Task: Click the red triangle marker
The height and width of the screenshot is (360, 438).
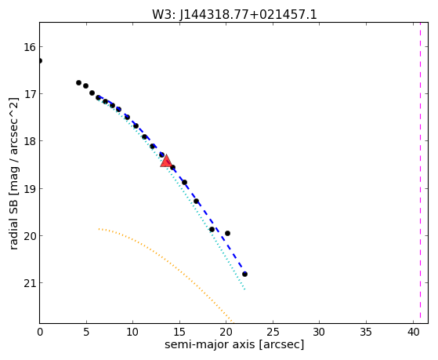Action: pyautogui.click(x=166, y=161)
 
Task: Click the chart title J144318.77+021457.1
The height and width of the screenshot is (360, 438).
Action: pyautogui.click(x=248, y=14)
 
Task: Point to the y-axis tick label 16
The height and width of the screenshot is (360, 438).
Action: pyautogui.click(x=30, y=47)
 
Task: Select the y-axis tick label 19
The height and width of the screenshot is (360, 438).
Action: pyautogui.click(x=30, y=188)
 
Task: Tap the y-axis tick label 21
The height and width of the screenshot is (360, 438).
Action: pyautogui.click(x=30, y=283)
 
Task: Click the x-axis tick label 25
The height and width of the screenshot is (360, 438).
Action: pyautogui.click(x=273, y=332)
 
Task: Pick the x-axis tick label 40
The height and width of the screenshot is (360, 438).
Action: pyautogui.click(x=413, y=332)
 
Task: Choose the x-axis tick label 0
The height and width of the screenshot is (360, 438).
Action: pyautogui.click(x=40, y=332)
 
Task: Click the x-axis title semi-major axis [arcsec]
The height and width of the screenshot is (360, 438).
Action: pyautogui.click(x=234, y=344)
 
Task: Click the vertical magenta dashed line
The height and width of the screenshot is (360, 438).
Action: pyautogui.click(x=420, y=173)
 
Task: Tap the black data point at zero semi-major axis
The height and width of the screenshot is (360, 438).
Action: pyautogui.click(x=40, y=60)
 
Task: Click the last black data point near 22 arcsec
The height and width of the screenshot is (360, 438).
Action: pyautogui.click(x=244, y=274)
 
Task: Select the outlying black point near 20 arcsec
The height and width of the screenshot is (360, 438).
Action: pyautogui.click(x=227, y=233)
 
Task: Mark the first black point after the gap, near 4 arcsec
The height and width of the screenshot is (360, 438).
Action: pyautogui.click(x=78, y=82)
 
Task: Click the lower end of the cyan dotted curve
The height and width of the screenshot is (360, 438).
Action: pyautogui.click(x=244, y=289)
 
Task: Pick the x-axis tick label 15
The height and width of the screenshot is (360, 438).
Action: pyautogui.click(x=179, y=332)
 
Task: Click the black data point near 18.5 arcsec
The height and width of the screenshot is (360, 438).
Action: pyautogui.click(x=212, y=229)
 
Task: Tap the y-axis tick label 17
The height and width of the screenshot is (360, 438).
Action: pyautogui.click(x=30, y=93)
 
